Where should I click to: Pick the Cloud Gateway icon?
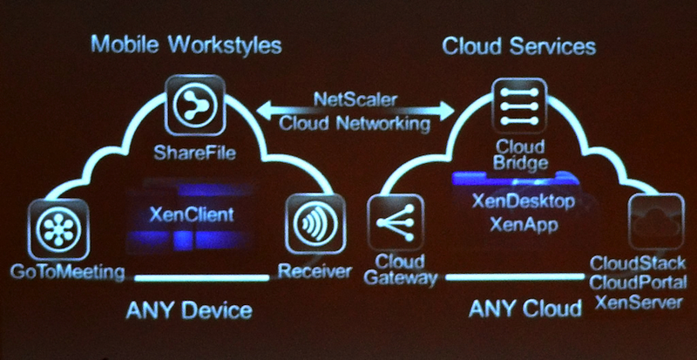(396, 222)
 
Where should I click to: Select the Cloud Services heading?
(518, 44)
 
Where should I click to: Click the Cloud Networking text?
(355, 124)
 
